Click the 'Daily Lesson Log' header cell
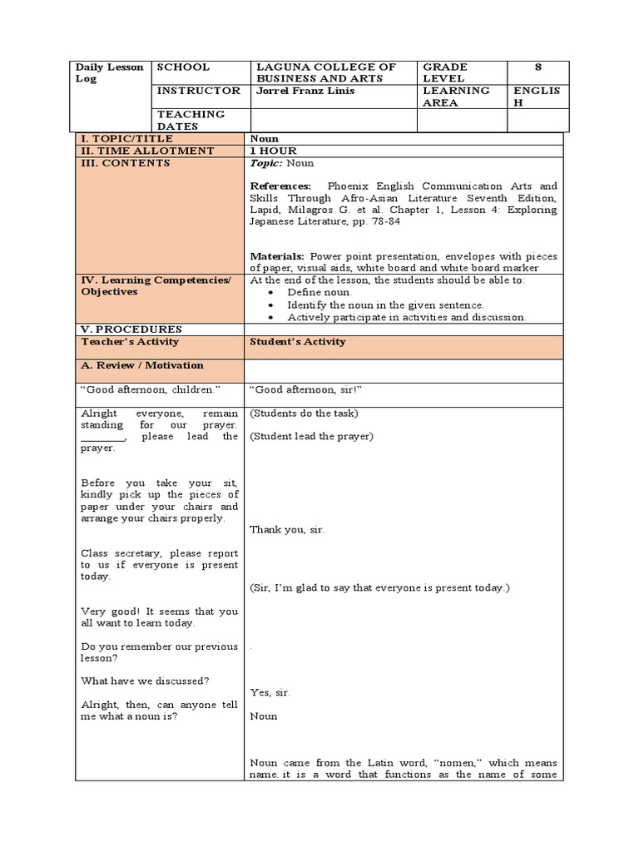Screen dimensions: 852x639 coord(110,72)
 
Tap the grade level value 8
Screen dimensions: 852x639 coord(537,67)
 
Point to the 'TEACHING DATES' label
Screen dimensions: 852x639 coord(191,120)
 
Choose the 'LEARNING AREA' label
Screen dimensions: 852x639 coord(456,97)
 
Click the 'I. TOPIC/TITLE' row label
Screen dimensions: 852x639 coord(127,138)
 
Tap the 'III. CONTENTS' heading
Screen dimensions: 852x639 coord(125,163)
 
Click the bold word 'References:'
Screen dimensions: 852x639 coord(280,186)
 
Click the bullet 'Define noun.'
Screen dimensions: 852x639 coord(319,293)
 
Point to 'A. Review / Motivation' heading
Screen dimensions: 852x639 coord(141,365)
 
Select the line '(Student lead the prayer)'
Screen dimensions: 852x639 coord(312,436)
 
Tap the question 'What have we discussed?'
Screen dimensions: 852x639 coord(145,681)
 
